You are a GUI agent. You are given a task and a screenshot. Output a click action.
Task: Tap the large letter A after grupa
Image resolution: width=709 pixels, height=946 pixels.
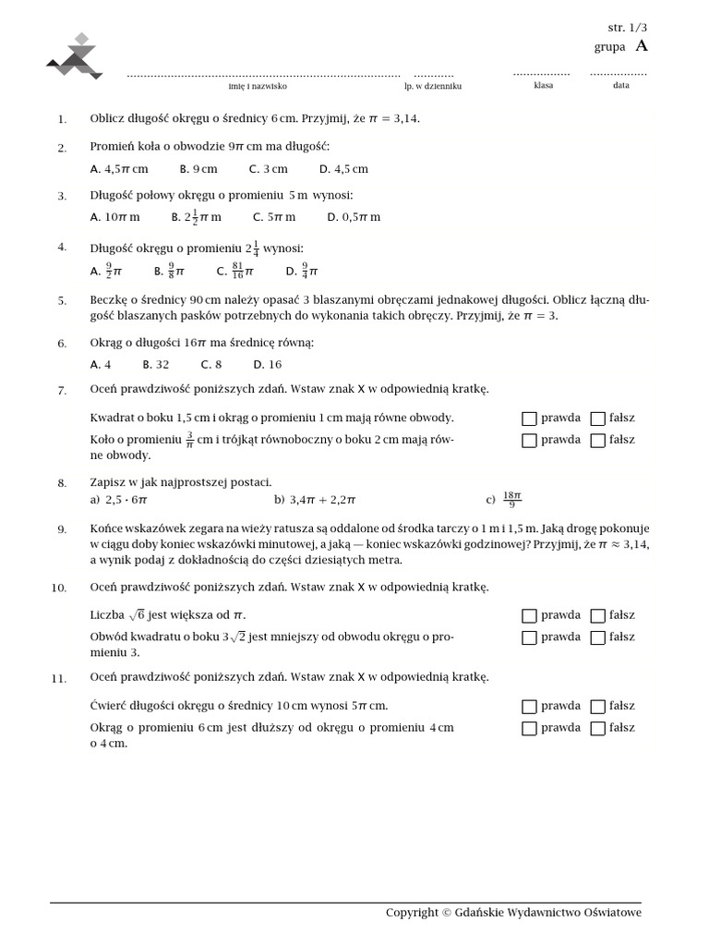point(642,45)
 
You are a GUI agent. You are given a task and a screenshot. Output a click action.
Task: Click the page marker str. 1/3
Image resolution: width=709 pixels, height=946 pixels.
point(627,28)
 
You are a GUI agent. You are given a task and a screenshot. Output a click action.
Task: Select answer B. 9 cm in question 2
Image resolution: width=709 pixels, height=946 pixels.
point(198,169)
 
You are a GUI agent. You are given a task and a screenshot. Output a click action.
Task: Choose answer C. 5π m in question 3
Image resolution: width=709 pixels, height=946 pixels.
point(274,217)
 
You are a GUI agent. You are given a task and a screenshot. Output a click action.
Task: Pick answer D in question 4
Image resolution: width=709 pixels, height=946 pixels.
point(302,271)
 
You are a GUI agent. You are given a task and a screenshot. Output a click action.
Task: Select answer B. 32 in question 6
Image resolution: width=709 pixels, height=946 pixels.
point(156,364)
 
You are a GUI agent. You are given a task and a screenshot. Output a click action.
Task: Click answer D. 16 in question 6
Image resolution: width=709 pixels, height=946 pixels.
point(268,364)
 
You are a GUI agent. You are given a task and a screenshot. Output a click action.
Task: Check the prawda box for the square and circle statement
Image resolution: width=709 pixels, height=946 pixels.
point(529,418)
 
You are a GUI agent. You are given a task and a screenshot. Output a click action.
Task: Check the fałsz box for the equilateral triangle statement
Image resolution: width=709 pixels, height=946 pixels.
point(598,441)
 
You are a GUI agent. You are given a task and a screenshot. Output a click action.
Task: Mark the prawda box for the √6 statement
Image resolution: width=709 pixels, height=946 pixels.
point(529,615)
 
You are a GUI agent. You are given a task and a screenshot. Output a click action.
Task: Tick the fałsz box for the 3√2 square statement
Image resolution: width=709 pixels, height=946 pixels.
point(598,637)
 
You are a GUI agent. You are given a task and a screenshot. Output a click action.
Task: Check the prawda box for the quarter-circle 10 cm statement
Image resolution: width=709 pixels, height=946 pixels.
point(529,707)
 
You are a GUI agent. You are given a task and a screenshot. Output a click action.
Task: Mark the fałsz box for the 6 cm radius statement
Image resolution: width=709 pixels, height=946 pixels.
point(598,728)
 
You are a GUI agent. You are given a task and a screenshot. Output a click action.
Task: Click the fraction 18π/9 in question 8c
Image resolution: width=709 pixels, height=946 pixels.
point(512,500)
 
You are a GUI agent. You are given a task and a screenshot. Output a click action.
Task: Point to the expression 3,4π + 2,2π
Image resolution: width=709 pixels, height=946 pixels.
point(322,500)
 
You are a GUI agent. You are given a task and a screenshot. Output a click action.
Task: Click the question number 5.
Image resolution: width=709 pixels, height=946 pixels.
point(62,301)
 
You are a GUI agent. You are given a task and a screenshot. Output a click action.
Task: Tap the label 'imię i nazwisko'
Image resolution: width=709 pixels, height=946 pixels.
point(258,86)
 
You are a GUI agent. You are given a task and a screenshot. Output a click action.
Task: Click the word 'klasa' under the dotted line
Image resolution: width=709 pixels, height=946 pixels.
point(543,85)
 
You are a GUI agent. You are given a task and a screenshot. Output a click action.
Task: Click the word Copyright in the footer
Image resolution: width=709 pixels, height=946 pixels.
point(412,913)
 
